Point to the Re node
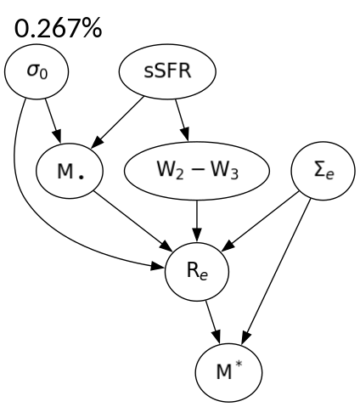(x=197, y=272)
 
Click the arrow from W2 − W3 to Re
(x=197, y=220)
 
